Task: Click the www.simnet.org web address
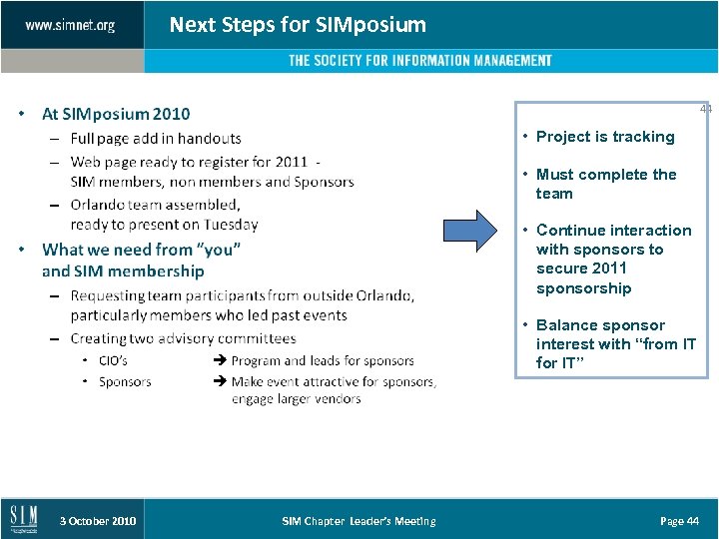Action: (x=70, y=25)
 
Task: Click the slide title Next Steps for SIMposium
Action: (x=298, y=24)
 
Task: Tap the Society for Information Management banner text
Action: (x=419, y=61)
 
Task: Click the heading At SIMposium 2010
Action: (x=116, y=114)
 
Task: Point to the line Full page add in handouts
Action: (x=156, y=138)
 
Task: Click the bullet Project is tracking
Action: (x=605, y=137)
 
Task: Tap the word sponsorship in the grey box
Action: (x=583, y=288)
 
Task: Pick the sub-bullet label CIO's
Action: (x=113, y=360)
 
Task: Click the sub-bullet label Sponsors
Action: (x=125, y=381)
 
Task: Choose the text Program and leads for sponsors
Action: (x=322, y=360)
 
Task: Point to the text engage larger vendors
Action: (x=296, y=399)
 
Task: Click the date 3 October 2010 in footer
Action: (x=98, y=521)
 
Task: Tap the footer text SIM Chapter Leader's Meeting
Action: (x=359, y=521)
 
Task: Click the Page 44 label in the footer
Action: (x=679, y=521)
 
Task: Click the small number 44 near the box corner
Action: (x=705, y=108)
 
